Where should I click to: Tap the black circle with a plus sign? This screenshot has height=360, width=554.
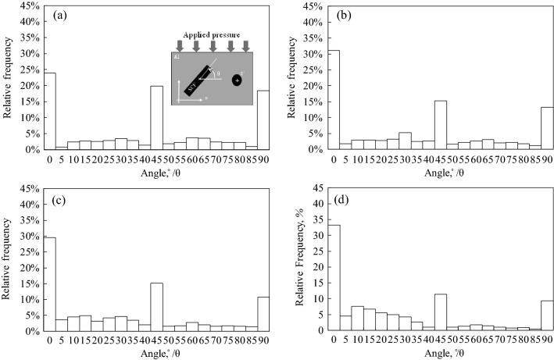pyautogui.click(x=237, y=80)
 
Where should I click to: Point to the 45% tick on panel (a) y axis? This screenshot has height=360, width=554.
pyautogui.click(x=30, y=6)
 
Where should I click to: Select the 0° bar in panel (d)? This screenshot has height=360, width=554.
pyautogui.click(x=334, y=277)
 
